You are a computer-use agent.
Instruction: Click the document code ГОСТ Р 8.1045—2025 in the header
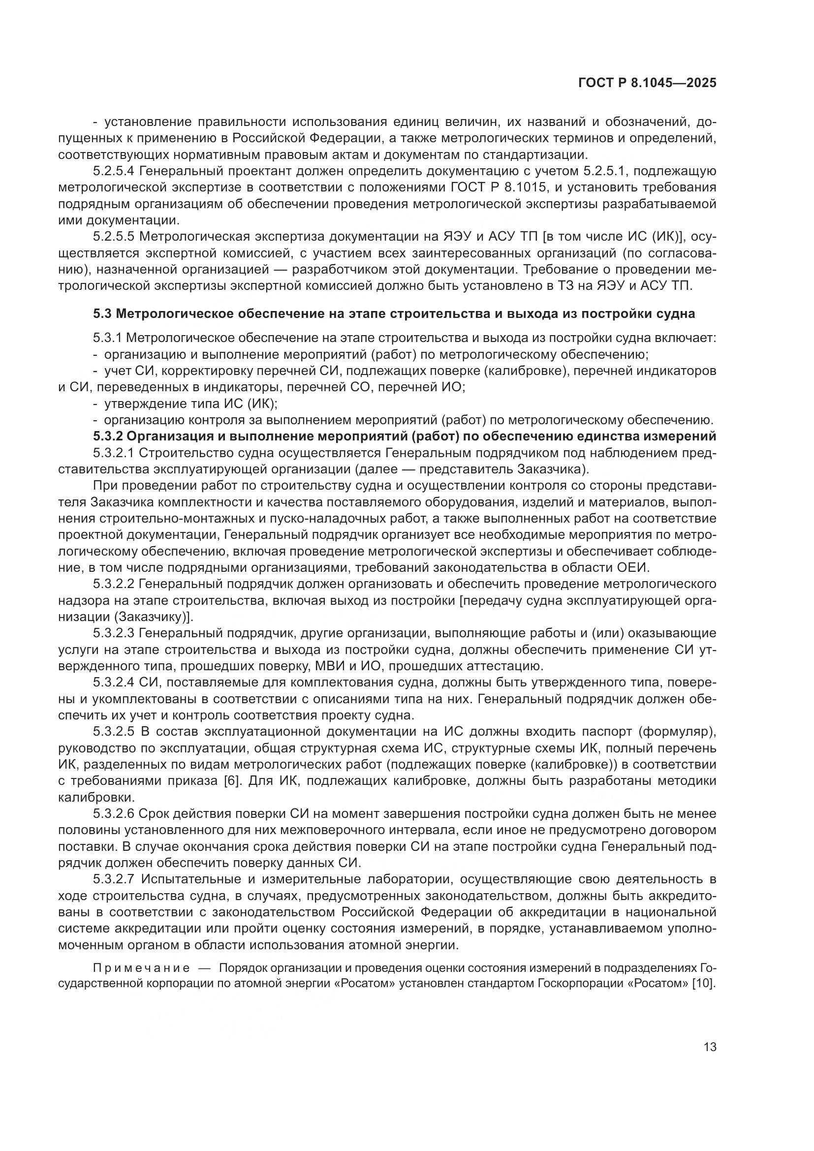(x=647, y=83)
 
